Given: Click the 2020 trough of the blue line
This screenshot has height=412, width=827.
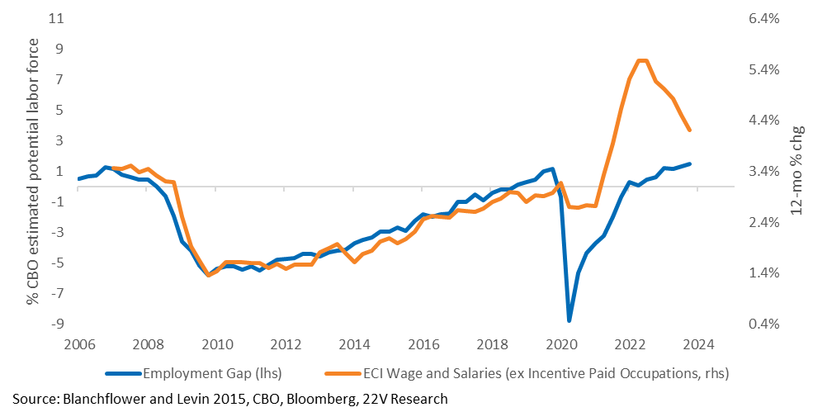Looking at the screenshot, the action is pyautogui.click(x=569, y=320).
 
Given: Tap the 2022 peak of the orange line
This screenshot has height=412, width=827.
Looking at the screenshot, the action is pyautogui.click(x=642, y=60).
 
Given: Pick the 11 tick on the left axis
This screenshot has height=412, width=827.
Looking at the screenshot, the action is pyautogui.click(x=56, y=19).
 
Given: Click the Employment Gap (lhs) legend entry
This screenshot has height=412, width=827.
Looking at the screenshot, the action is pyautogui.click(x=194, y=373).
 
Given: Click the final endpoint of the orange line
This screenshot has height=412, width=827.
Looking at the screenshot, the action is pyautogui.click(x=689, y=130).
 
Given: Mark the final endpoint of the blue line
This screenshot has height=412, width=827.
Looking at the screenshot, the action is pyautogui.click(x=689, y=163).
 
